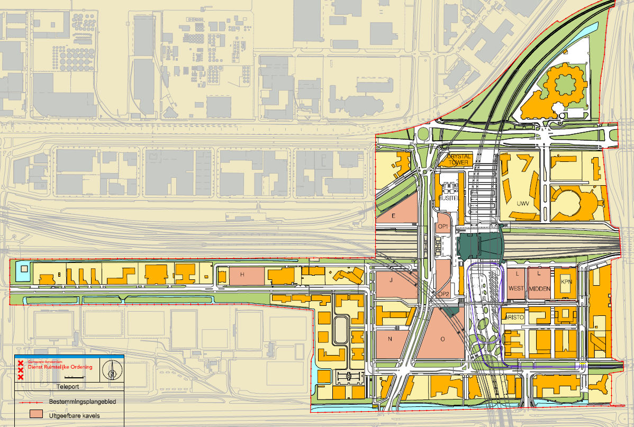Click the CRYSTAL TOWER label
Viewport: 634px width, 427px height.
click(458, 159)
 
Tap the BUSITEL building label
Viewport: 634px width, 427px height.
click(448, 197)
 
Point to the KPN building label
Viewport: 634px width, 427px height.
click(567, 281)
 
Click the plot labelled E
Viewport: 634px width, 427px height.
click(394, 216)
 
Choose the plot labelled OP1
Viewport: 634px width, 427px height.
click(443, 226)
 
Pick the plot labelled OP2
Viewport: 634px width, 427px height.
click(443, 294)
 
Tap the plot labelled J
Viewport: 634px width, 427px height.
click(391, 280)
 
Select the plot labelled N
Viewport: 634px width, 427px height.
click(390, 339)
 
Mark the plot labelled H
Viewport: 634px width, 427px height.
click(242, 275)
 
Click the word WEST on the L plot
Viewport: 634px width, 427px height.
click(516, 288)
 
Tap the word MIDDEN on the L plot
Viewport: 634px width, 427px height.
click(539, 288)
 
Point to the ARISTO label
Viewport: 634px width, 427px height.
click(514, 317)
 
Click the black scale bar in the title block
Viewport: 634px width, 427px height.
click(69, 377)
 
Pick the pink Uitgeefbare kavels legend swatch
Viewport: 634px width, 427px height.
click(37, 415)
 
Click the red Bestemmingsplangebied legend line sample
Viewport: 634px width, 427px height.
click(31, 402)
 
